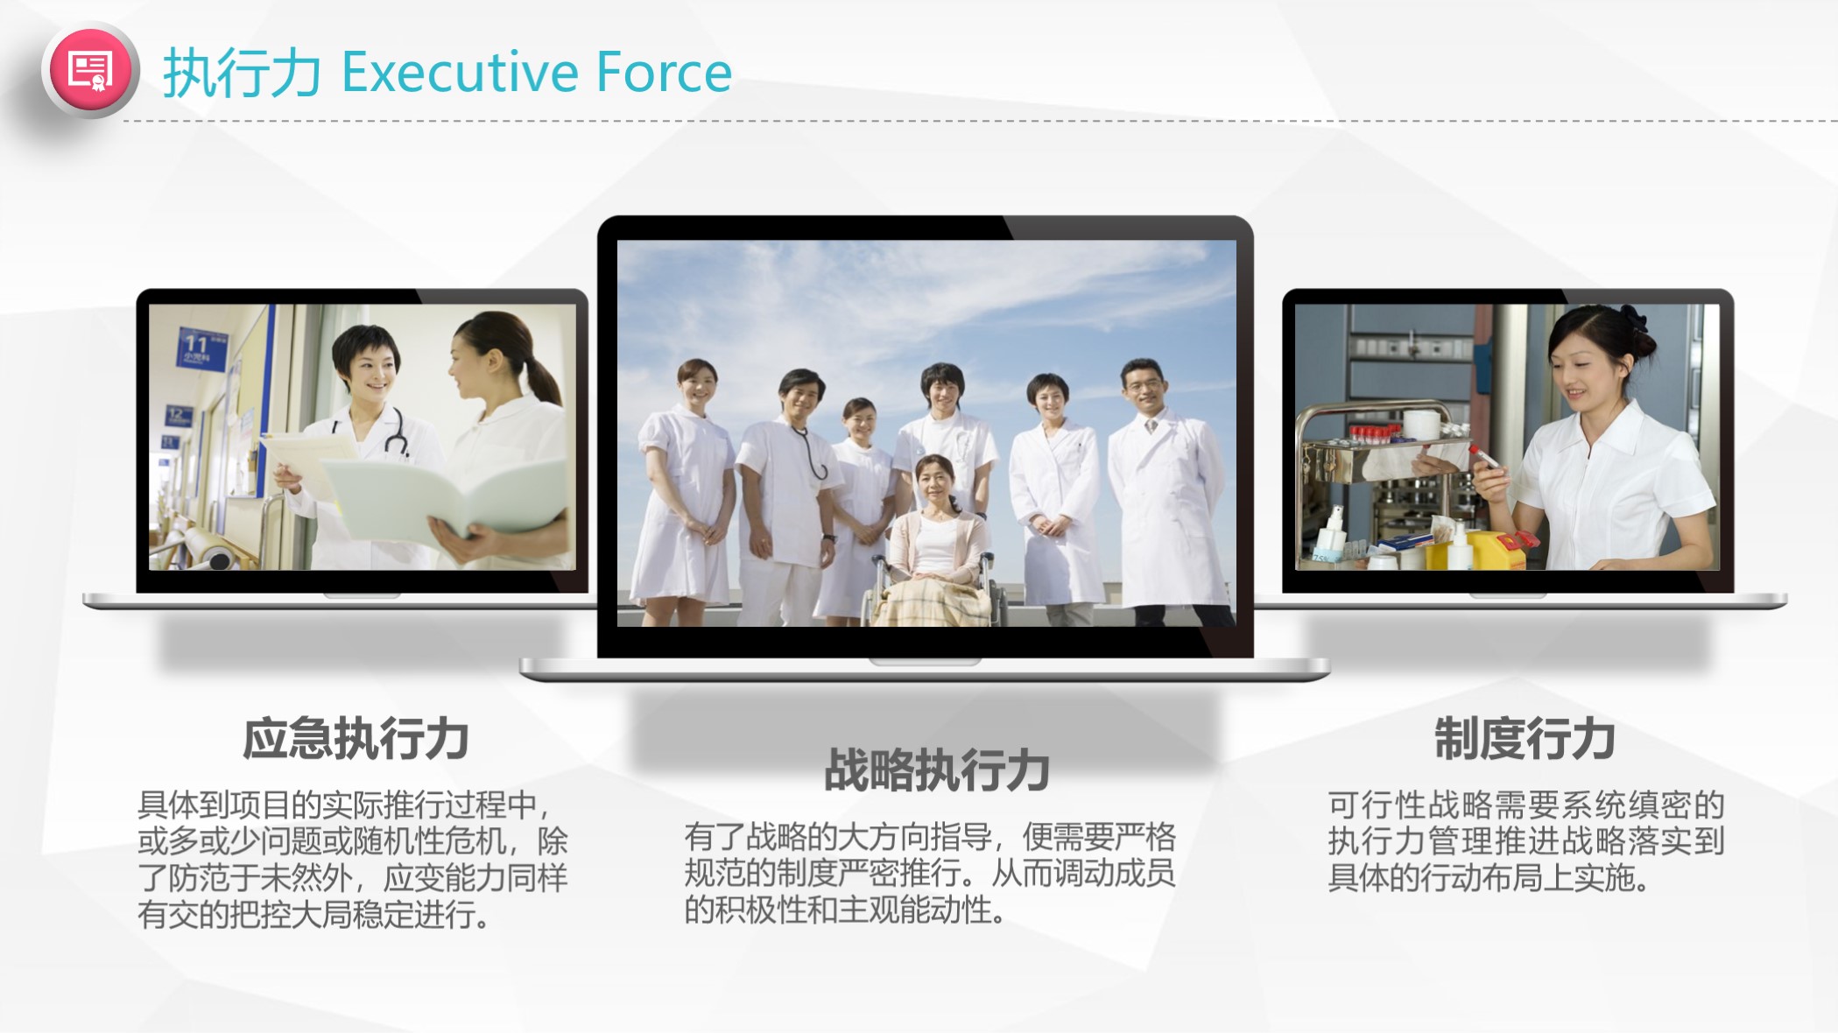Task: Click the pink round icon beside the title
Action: tap(91, 70)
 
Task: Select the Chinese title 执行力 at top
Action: tap(242, 74)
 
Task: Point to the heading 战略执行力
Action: tap(937, 770)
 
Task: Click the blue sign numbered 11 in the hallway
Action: tap(202, 348)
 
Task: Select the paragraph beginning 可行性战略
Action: tap(1526, 840)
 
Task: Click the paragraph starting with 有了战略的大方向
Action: tap(930, 874)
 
